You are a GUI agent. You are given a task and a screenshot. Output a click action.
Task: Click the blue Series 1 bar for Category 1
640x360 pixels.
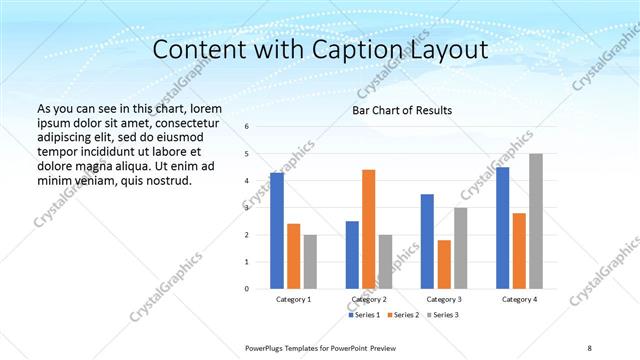[277, 230]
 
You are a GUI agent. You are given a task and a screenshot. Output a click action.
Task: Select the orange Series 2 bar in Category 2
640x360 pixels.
[368, 228]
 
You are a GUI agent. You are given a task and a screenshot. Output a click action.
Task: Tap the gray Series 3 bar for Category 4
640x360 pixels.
[536, 220]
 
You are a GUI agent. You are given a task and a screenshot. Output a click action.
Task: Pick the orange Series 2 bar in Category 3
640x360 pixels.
[444, 264]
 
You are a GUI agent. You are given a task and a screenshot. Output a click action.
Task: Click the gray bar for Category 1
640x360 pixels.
[310, 261]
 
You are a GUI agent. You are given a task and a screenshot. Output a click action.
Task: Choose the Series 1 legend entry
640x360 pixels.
[363, 315]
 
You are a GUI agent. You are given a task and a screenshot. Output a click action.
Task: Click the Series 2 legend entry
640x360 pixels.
[404, 315]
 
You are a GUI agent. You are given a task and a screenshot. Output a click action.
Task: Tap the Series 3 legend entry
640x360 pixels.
[445, 315]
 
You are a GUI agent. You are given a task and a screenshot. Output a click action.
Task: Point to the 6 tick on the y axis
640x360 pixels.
[247, 127]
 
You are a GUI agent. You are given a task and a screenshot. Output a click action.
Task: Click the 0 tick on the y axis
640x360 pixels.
[247, 289]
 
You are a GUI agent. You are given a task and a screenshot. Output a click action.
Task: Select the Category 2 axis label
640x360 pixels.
[369, 299]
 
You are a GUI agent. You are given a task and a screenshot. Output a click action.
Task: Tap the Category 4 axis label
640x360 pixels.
[519, 299]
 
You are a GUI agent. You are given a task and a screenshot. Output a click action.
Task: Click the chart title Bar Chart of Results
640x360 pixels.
[402, 110]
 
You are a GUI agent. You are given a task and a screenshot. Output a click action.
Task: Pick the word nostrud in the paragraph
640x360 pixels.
[162, 180]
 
